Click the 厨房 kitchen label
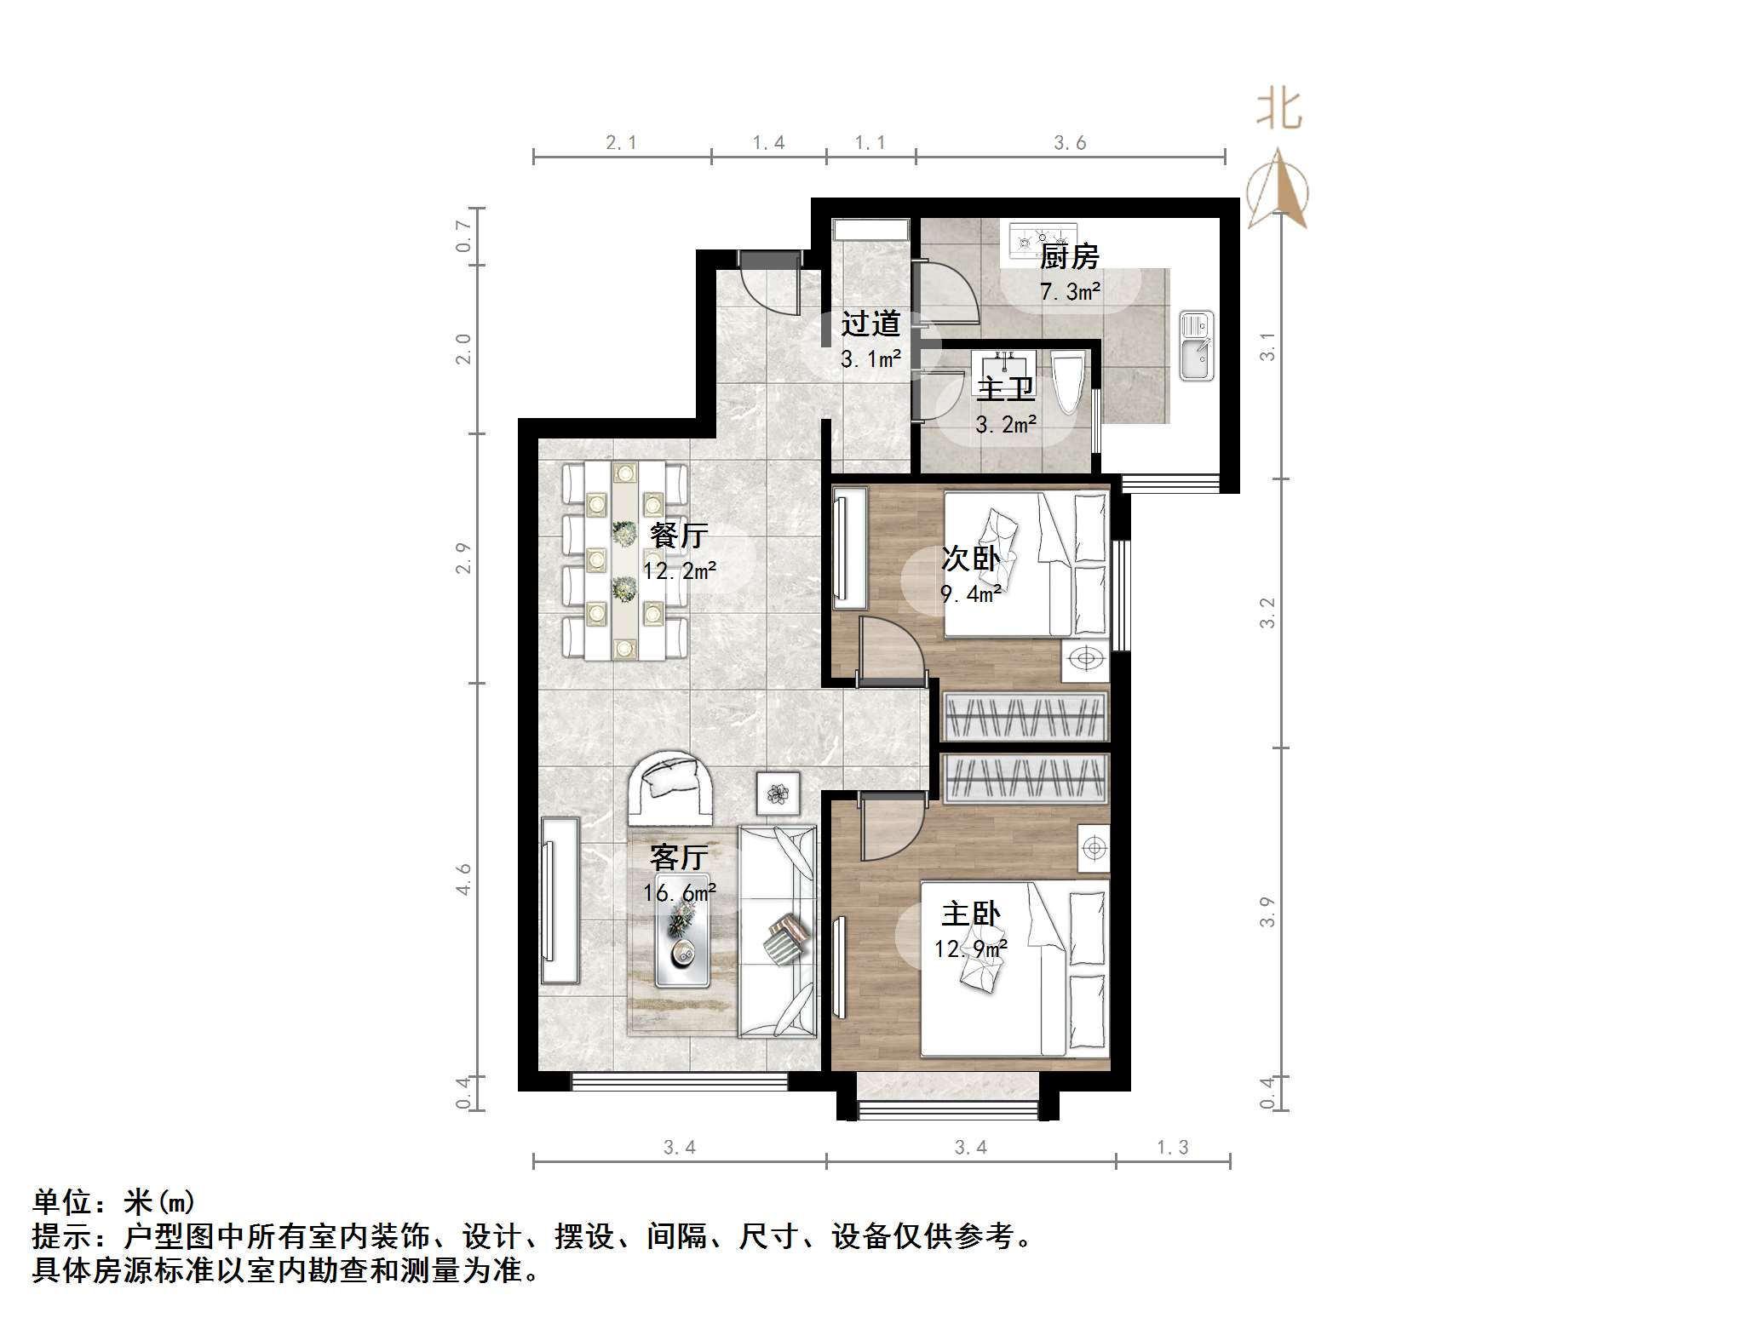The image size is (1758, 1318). point(1069,256)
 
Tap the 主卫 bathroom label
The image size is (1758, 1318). point(1005,389)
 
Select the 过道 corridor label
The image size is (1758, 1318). point(870,324)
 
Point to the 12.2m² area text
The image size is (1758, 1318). point(679,570)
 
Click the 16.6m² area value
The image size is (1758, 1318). point(679,892)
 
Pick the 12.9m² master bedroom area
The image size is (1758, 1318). point(970,948)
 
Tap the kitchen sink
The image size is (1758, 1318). point(1196,346)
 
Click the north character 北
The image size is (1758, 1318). point(1279,111)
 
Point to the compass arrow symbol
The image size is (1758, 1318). point(1278,191)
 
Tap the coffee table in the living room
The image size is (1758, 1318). point(681,942)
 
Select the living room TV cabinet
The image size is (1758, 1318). point(560,901)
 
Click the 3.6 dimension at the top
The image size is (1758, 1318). point(1070,143)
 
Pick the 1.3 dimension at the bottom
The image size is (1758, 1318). point(1172,1148)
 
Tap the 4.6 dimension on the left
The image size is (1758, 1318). point(463,879)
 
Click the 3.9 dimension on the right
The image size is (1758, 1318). point(1267,911)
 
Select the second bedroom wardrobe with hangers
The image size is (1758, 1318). point(1025,716)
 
